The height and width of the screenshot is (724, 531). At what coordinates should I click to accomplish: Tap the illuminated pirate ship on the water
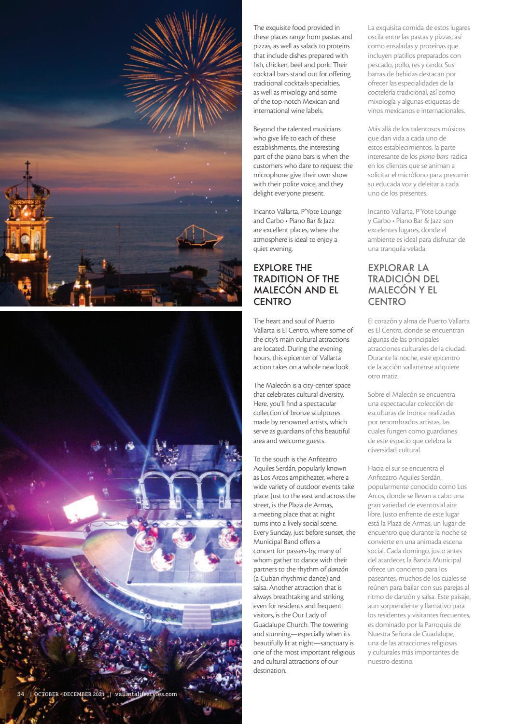tap(194, 237)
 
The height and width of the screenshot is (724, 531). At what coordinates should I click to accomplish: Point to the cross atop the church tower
tap(28, 169)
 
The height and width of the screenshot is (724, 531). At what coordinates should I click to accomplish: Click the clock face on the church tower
tap(25, 239)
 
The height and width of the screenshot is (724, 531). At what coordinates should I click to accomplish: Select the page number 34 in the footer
tap(21, 694)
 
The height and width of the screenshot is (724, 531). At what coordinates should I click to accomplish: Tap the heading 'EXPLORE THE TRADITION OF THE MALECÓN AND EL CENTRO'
tap(296, 285)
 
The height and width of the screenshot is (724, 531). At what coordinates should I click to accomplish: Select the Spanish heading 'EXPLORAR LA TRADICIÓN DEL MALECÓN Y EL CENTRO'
tap(404, 285)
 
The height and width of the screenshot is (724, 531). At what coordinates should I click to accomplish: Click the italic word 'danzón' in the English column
tap(338, 569)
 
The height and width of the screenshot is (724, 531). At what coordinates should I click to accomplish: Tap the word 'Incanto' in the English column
tap(265, 211)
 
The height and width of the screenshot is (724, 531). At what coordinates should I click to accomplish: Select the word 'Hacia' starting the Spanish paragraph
tap(377, 468)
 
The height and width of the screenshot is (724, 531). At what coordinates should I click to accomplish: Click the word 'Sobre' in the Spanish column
tap(377, 394)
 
